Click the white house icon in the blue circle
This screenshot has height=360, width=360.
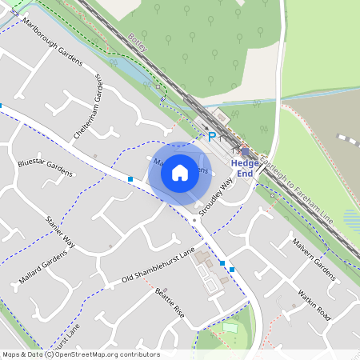(x=180, y=172)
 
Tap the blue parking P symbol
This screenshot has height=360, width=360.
(x=212, y=137)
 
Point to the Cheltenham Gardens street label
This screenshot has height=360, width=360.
(x=89, y=109)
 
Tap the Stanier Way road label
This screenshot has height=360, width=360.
(x=60, y=230)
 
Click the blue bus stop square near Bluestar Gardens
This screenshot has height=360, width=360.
(x=130, y=179)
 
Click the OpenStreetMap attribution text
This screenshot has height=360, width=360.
(x=81, y=354)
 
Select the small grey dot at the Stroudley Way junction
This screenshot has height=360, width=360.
(x=194, y=218)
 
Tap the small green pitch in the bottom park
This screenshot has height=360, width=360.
(x=230, y=326)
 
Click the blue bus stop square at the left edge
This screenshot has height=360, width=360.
(x=2, y=105)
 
